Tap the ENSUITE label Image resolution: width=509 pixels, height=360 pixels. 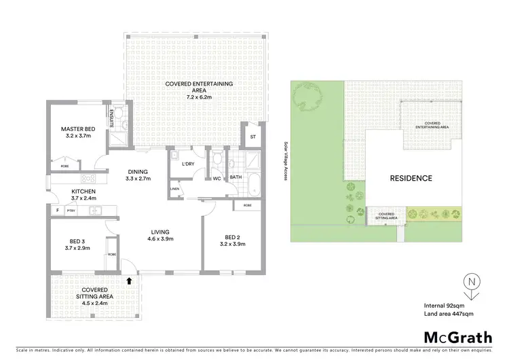pos(111,115)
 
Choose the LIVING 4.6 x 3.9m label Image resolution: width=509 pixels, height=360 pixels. pos(162,235)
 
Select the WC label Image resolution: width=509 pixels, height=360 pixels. pos(217,179)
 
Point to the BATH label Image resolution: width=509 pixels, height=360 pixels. pos(235,177)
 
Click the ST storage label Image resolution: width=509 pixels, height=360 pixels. pos(253,137)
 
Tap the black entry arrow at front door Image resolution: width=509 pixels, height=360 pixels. pos(130,279)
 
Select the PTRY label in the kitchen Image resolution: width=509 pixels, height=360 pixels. pos(70,211)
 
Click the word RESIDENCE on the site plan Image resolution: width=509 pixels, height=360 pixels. pos(410,179)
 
